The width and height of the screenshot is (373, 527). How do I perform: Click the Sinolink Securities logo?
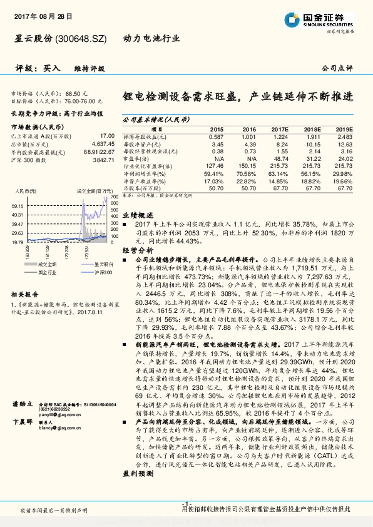[x=326, y=18]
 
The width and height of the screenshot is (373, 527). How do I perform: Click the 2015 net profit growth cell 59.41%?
[x=213, y=173]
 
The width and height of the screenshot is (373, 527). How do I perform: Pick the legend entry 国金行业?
[x=48, y=272]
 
